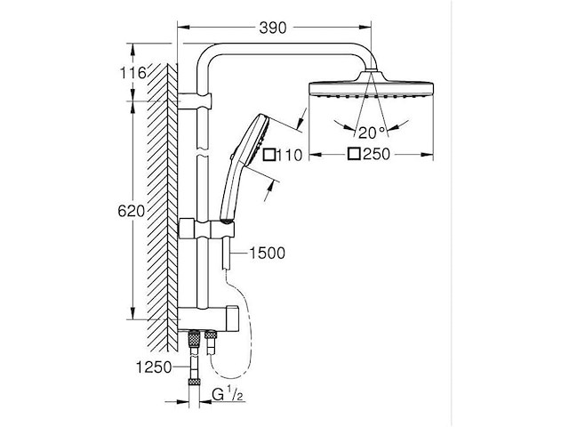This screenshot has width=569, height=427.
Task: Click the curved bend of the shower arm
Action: [x=206, y=55]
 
